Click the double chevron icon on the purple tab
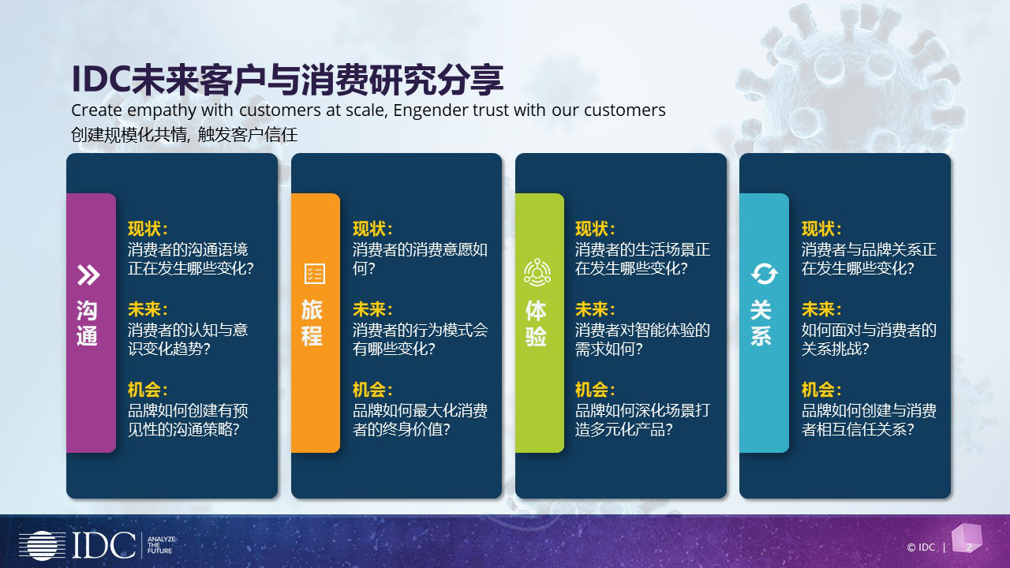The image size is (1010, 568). tap(88, 275)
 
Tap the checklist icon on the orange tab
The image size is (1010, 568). tap(315, 273)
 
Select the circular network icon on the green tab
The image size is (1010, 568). tap(537, 272)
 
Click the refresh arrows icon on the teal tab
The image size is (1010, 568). tap(765, 274)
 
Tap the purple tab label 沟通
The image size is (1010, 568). tap(87, 323)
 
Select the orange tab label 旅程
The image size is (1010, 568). tap(312, 323)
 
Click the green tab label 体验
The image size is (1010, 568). tap(536, 323)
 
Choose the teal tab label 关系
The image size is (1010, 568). tap(761, 323)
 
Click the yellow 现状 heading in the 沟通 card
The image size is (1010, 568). tap(148, 229)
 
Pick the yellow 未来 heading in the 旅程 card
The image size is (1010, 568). tap(372, 309)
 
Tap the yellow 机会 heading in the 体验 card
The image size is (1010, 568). tap(595, 390)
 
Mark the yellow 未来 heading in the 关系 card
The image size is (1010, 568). tap(821, 309)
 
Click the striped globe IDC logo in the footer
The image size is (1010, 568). tap(42, 545)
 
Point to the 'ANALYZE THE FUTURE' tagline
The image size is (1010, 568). tap(161, 544)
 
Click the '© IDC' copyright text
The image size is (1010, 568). tap(921, 547)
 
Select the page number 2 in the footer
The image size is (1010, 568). tap(969, 547)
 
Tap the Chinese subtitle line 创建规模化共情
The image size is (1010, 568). tap(128, 135)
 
